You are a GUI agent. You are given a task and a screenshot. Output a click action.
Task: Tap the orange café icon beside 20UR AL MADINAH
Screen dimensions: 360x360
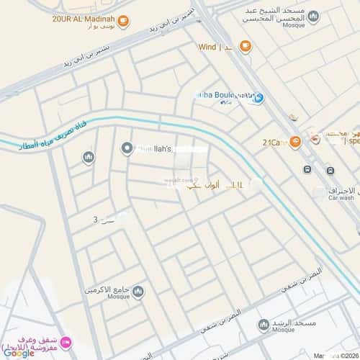click(x=123, y=21)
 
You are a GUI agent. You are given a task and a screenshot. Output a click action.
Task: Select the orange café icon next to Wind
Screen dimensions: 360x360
click(x=246, y=47)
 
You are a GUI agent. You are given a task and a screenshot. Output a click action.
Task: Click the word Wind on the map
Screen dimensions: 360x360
click(x=208, y=47)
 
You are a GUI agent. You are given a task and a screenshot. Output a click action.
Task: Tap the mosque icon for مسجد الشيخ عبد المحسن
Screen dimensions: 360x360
click(x=313, y=17)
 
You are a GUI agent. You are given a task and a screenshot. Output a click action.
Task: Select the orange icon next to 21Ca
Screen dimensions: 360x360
click(x=294, y=141)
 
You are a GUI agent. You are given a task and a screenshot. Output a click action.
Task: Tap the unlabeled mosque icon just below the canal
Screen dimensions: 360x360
click(x=89, y=157)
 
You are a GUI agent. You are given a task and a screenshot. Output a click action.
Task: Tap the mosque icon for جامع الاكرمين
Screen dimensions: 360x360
click(x=138, y=291)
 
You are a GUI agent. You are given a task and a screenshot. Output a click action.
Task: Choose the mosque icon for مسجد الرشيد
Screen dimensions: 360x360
click(x=264, y=325)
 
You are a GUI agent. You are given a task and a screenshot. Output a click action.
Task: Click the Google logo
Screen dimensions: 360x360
click(x=18, y=353)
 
